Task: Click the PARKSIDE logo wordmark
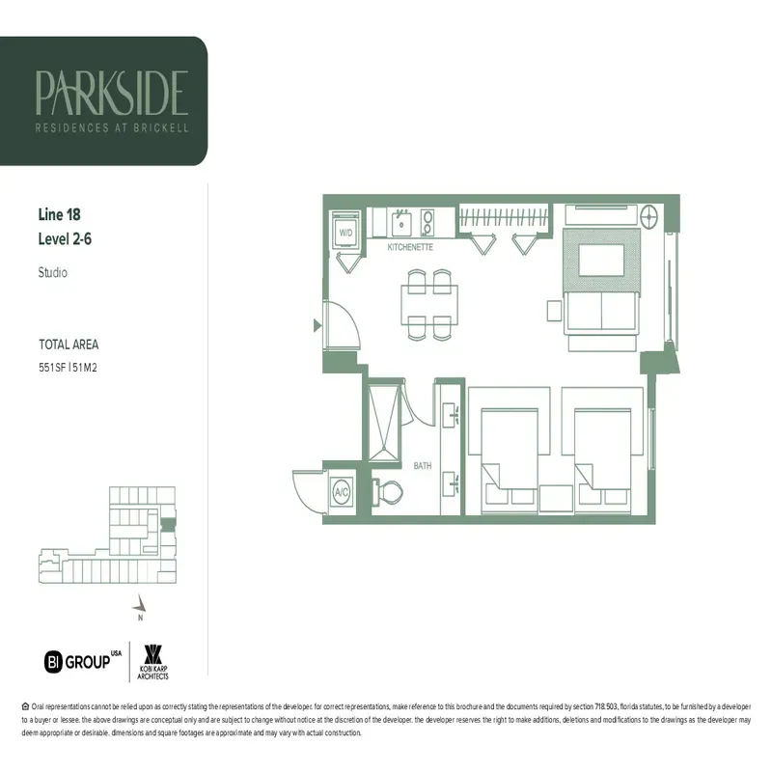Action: [111, 92]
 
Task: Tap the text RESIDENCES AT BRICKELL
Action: [111, 127]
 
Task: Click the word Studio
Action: [52, 273]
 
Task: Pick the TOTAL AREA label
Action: [69, 345]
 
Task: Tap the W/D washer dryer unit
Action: [345, 232]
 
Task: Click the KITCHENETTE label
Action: [409, 248]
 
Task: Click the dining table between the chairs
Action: [429, 304]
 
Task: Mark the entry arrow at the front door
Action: [317, 326]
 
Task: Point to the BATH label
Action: [423, 465]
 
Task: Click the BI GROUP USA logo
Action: [83, 661]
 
